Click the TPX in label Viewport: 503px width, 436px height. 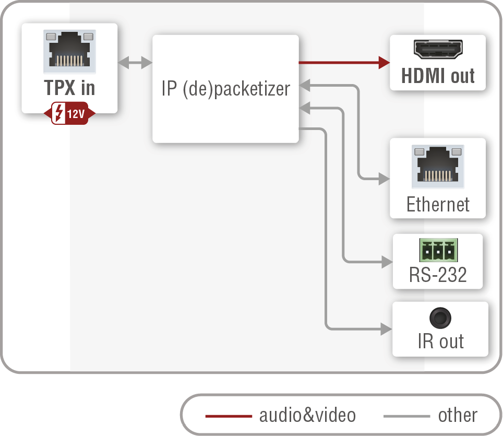[x=69, y=88]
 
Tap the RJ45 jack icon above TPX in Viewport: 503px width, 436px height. [x=70, y=52]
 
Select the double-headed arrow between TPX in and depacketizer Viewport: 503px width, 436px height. [x=135, y=64]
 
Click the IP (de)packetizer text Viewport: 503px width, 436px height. [x=225, y=89]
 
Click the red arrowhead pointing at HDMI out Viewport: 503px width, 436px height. [x=385, y=63]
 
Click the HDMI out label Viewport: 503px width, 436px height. [x=438, y=76]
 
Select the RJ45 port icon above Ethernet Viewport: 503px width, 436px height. [x=438, y=167]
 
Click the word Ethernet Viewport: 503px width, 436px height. [x=438, y=204]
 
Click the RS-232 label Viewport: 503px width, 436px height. [x=438, y=275]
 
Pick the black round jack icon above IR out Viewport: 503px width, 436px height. [x=440, y=317]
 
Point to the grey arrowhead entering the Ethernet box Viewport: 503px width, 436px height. [x=385, y=180]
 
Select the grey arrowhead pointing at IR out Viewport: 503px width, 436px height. [x=386, y=329]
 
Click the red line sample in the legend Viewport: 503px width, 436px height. [x=228, y=416]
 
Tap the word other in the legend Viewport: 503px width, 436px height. [x=457, y=416]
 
